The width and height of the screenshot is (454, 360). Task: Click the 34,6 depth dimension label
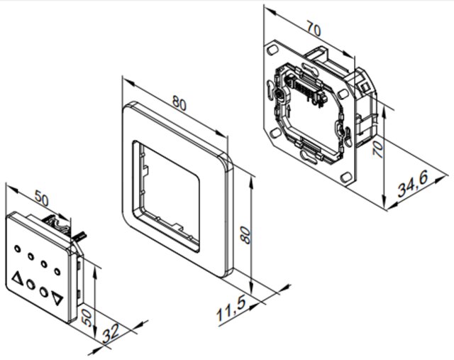pyautogui.click(x=413, y=184)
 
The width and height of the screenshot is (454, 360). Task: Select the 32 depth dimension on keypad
pyautogui.click(x=111, y=333)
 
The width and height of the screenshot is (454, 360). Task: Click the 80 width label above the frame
pyautogui.click(x=179, y=103)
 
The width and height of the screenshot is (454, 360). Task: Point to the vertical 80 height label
pyautogui.click(x=245, y=235)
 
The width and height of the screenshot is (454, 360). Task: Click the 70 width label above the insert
pyautogui.click(x=314, y=30)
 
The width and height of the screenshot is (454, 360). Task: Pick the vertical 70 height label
pyautogui.click(x=378, y=148)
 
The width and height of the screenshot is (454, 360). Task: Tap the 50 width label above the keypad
pyautogui.click(x=42, y=198)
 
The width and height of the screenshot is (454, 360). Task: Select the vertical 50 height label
pyautogui.click(x=87, y=317)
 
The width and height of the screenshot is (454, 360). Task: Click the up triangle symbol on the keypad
pyautogui.click(x=17, y=278)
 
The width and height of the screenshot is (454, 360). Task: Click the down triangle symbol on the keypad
pyautogui.click(x=57, y=298)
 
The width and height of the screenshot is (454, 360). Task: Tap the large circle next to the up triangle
pyautogui.click(x=31, y=285)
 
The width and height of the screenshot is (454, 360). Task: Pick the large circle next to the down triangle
pyautogui.click(x=44, y=292)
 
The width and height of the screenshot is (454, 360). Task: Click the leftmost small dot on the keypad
pyautogui.click(x=17, y=249)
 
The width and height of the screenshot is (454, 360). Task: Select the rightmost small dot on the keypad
pyautogui.click(x=57, y=271)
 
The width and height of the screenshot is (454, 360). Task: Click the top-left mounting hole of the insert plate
pyautogui.click(x=272, y=50)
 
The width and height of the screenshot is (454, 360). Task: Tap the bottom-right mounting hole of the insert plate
pyautogui.click(x=346, y=178)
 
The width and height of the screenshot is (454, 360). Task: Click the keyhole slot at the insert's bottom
pyautogui.click(x=309, y=156)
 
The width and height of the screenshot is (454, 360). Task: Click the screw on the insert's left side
pyautogui.click(x=279, y=94)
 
